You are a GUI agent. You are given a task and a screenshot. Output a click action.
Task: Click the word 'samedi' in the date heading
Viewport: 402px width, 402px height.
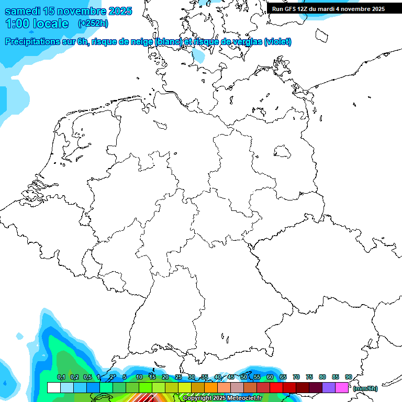click(x=23, y=11)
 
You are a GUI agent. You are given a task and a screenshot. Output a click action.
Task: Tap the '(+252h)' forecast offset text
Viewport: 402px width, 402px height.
click(x=93, y=24)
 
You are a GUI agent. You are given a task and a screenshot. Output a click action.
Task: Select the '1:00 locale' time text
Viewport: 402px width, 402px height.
click(x=37, y=24)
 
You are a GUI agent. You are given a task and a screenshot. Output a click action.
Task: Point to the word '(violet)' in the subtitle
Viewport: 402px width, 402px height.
click(x=278, y=42)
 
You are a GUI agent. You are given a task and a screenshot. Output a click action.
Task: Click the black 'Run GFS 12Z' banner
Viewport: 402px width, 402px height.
click(x=328, y=8)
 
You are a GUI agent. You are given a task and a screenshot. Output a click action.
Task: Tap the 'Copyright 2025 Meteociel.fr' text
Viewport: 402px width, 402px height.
click(x=222, y=398)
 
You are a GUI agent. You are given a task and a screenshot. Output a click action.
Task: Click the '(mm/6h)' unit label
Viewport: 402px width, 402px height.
click(x=365, y=388)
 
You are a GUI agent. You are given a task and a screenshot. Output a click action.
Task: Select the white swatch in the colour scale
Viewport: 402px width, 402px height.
click(x=54, y=387)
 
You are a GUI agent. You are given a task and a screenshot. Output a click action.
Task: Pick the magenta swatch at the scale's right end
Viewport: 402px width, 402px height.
click(x=342, y=387)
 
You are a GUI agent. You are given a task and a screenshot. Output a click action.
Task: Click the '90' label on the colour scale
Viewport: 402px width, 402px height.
click(x=348, y=377)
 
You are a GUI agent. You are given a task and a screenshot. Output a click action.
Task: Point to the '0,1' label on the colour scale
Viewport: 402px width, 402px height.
click(x=61, y=377)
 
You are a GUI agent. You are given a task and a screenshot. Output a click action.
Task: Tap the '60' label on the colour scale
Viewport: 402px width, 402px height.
click(x=270, y=377)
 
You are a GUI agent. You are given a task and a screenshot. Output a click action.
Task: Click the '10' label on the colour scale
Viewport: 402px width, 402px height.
click(x=139, y=377)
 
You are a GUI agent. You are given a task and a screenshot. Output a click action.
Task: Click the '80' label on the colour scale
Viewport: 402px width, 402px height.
click(x=322, y=377)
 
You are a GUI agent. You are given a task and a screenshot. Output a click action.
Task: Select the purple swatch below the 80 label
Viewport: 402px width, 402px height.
click(x=329, y=387)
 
